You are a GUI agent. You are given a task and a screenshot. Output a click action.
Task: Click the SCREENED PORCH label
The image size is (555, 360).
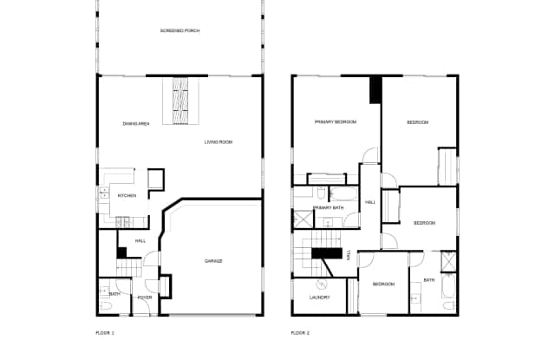(x=180, y=31)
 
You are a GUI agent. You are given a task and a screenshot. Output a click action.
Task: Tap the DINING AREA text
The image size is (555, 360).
(x=137, y=125)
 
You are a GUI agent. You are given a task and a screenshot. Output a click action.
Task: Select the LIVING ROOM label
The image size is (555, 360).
(x=219, y=142)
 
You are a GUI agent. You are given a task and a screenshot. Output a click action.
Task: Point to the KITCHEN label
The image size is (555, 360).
(x=127, y=196)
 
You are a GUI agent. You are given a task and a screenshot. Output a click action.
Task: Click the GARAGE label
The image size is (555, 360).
(x=213, y=261)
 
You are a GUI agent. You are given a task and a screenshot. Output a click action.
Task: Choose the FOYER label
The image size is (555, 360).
(x=145, y=298)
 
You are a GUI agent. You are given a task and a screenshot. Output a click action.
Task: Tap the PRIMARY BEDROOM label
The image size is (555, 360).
(x=336, y=122)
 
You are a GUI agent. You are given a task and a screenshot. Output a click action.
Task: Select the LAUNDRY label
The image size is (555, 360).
(x=319, y=298)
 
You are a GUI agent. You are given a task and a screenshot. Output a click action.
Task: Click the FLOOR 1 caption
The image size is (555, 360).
(x=105, y=332)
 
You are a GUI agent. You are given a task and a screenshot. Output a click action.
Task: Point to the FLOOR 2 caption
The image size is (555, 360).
(x=299, y=332)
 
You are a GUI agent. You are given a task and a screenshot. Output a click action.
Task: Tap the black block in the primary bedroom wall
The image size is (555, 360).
(x=375, y=90)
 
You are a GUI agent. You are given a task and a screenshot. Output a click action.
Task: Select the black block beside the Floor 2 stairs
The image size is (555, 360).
(x=329, y=254)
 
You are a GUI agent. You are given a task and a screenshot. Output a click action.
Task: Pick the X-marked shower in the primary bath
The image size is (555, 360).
(x=304, y=219)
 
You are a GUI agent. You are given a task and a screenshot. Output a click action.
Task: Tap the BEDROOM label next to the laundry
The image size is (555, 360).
(x=383, y=285)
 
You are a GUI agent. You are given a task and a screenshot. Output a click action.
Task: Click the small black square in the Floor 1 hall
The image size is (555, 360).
(x=121, y=252)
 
